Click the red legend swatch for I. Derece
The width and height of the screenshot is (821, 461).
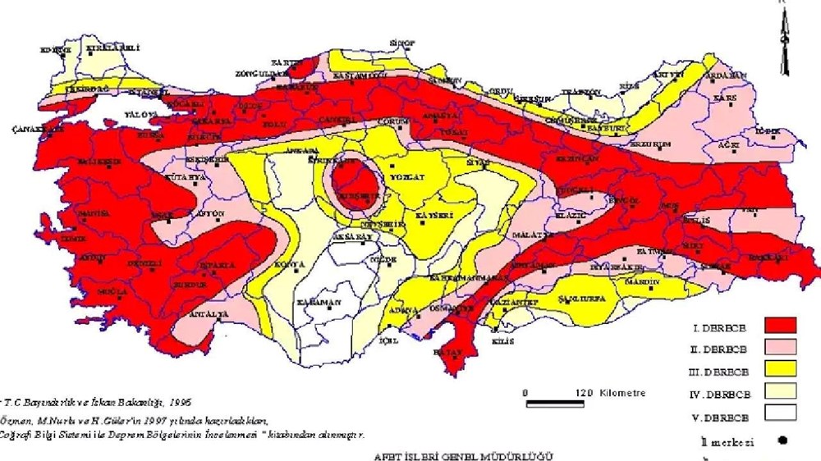point(780,325)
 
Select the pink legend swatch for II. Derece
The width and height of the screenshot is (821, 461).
point(780,348)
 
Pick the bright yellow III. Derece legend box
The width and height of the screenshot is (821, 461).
point(780,371)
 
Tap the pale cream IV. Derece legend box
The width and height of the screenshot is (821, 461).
point(780,394)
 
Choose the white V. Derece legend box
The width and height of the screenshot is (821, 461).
point(780,416)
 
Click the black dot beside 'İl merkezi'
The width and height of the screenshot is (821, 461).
point(782,440)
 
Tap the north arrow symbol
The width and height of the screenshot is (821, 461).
point(784,41)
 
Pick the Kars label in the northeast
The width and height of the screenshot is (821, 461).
point(726,98)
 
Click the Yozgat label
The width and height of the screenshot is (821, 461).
point(407,176)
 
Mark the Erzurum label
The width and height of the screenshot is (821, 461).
point(652,144)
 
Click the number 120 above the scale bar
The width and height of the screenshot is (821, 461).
point(584,393)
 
